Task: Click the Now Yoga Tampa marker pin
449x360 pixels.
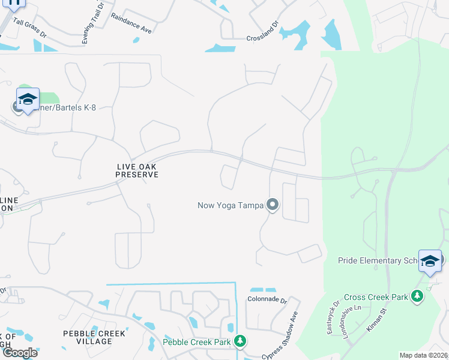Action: point(273,205)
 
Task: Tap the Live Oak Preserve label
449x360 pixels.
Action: point(137,170)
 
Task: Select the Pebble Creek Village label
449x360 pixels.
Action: point(95,337)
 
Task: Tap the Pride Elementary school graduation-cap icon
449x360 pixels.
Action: point(429,260)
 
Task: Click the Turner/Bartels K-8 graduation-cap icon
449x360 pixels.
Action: point(28,99)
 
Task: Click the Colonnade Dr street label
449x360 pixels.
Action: point(268,298)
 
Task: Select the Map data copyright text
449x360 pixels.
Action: point(424,355)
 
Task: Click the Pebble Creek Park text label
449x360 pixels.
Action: point(197,342)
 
